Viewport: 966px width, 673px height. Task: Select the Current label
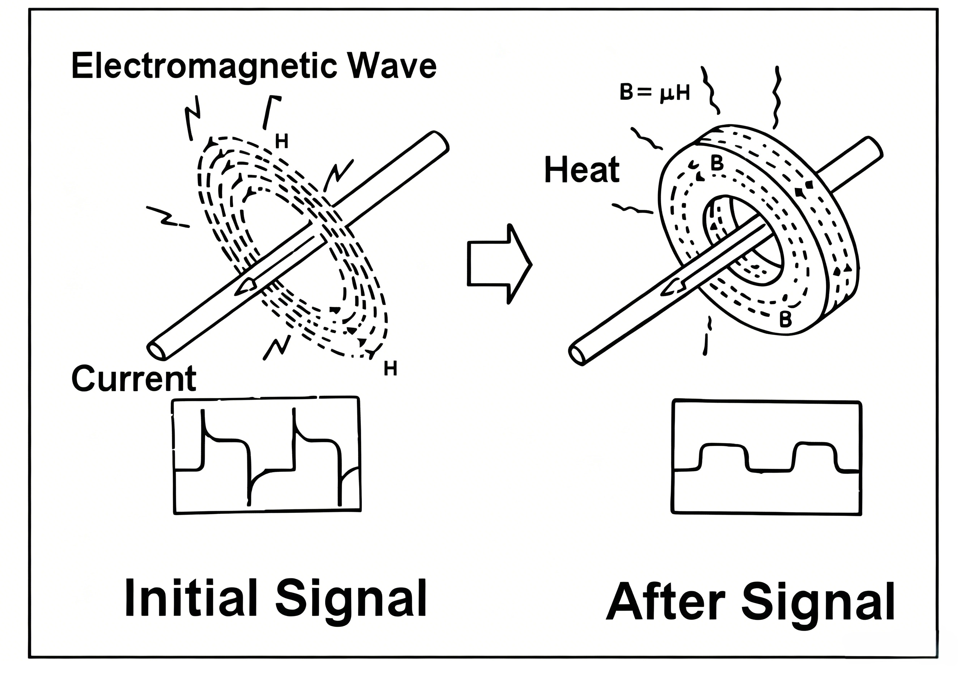click(x=134, y=378)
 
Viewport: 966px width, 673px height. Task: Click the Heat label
click(x=582, y=170)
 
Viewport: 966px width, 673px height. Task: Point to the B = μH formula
click(x=655, y=93)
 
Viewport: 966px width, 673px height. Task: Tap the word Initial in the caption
click(x=191, y=598)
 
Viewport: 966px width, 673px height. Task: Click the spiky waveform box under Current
click(x=267, y=455)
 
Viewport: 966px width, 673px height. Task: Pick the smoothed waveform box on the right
click(x=766, y=457)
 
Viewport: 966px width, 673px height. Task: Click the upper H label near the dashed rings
click(x=282, y=142)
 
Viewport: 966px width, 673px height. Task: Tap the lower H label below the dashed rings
click(x=391, y=369)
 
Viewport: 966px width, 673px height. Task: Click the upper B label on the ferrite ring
click(x=717, y=163)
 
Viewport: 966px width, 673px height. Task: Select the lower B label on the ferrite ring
click(x=785, y=320)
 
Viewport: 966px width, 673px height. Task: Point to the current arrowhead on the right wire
click(x=674, y=287)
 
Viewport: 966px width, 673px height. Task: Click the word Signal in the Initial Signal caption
click(x=351, y=599)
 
